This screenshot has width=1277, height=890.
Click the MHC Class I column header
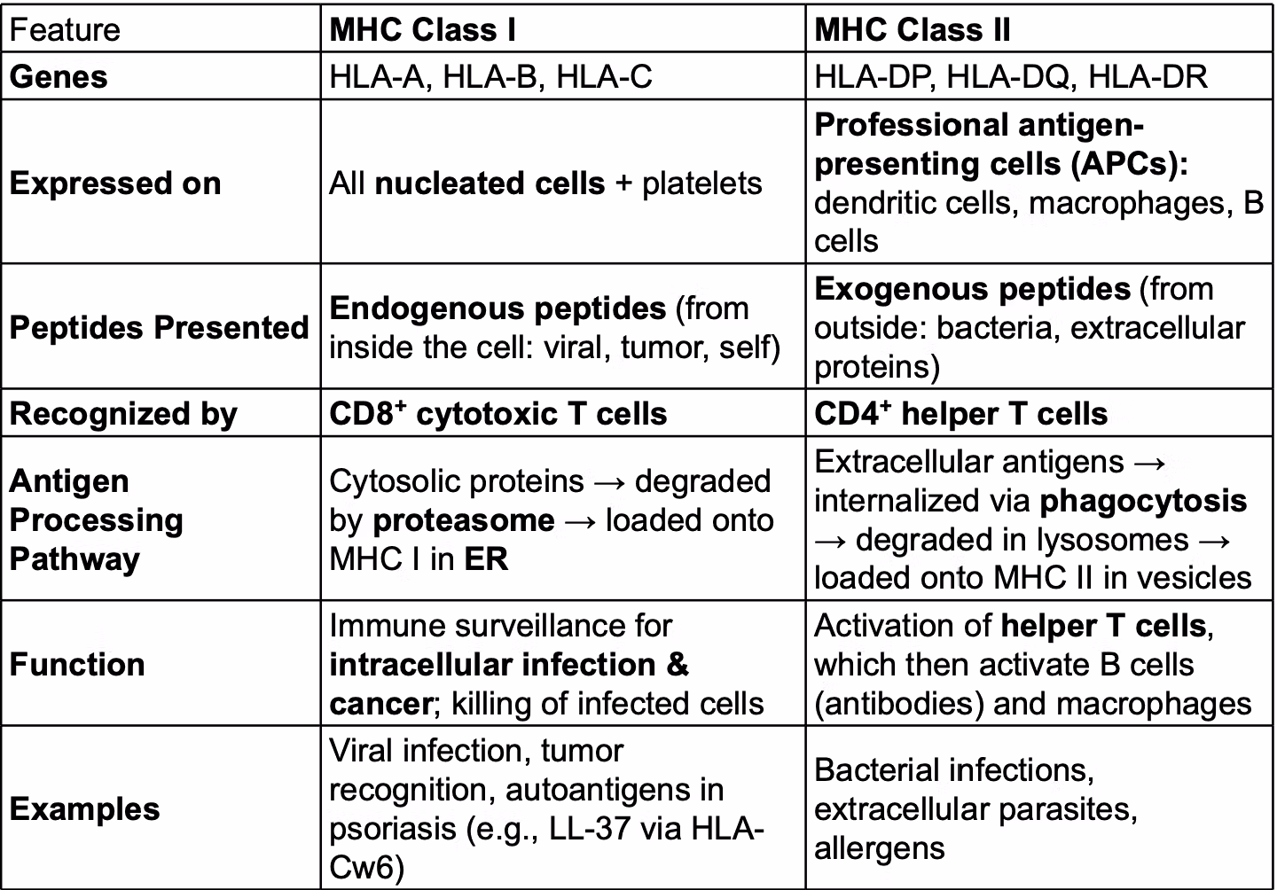pyautogui.click(x=422, y=30)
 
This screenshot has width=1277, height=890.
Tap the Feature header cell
pyautogui.click(x=64, y=30)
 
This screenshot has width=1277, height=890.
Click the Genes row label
pyautogui.click(x=59, y=77)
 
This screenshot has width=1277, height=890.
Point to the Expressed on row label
pyautogui.click(x=115, y=183)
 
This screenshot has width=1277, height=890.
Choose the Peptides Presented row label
pyautogui.click(x=159, y=327)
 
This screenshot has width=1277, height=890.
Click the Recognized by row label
pyautogui.click(x=123, y=414)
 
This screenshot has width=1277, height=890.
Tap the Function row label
pyautogui.click(x=77, y=664)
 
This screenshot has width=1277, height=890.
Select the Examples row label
pyautogui.click(x=84, y=809)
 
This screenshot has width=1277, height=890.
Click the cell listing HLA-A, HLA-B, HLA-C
pyautogui.click(x=490, y=77)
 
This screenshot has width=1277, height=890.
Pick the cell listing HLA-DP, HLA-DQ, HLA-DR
pyautogui.click(x=1011, y=77)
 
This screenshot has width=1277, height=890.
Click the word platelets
pyautogui.click(x=701, y=183)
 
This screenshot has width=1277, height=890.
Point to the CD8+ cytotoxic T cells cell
pyautogui.click(x=497, y=414)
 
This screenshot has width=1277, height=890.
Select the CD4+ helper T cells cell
pyautogui.click(x=960, y=414)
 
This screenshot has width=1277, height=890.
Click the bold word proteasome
pyautogui.click(x=464, y=520)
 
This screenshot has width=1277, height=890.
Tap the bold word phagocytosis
pyautogui.click(x=1143, y=501)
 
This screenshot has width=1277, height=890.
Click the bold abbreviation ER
pyautogui.click(x=486, y=559)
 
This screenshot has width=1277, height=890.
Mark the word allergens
pyautogui.click(x=879, y=848)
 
